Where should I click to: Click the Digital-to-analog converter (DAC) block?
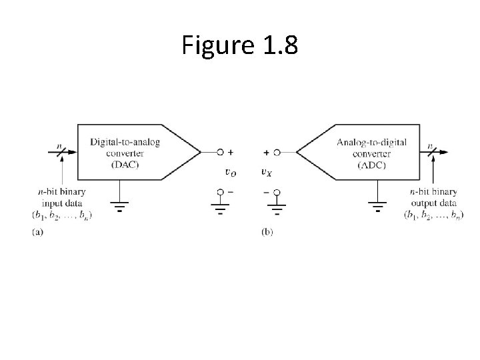pyautogui.click(x=127, y=152)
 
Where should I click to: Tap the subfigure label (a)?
pyautogui.click(x=38, y=231)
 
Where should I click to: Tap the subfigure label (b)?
pyautogui.click(x=267, y=231)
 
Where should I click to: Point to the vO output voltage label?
pyautogui.click(x=229, y=172)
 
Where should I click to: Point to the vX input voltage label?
pyautogui.click(x=266, y=172)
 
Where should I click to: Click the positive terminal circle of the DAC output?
pyautogui.click(x=220, y=152)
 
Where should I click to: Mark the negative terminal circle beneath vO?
pyautogui.click(x=220, y=192)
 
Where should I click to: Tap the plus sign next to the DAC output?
pyautogui.click(x=231, y=152)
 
